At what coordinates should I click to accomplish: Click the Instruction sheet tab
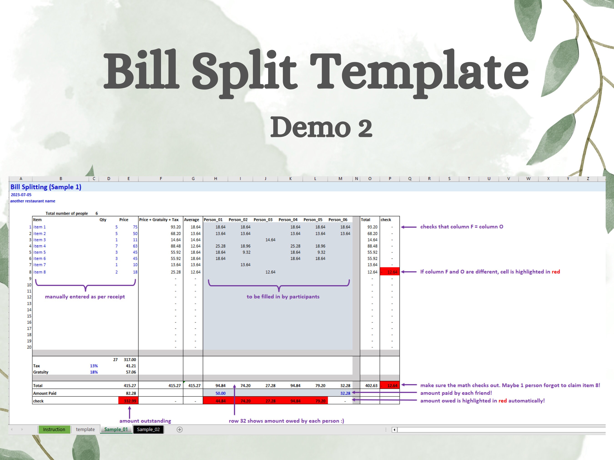click(54, 429)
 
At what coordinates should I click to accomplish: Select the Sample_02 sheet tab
click(148, 429)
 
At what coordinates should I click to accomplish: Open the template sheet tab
click(85, 429)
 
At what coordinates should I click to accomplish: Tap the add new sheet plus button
click(180, 430)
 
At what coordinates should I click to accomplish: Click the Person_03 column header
click(263, 220)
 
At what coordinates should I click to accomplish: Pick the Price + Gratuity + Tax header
click(159, 220)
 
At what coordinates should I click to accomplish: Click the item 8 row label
click(40, 272)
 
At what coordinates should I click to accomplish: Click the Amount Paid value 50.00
click(220, 393)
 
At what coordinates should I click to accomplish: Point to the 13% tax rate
click(94, 366)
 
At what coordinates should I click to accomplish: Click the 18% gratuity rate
click(94, 372)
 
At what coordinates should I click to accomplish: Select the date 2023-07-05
click(21, 195)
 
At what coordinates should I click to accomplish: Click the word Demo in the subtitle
click(310, 127)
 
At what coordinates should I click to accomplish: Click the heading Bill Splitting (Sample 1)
click(46, 187)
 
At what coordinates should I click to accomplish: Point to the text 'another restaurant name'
click(33, 201)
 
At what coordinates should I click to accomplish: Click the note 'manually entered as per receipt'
click(85, 297)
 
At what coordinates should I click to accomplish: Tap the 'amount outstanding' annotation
click(145, 421)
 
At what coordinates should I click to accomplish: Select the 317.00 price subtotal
click(130, 360)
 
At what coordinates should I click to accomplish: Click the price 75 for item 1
click(135, 227)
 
